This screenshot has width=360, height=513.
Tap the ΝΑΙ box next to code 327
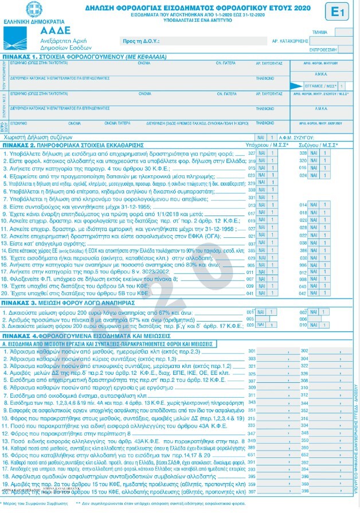point(262,153)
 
